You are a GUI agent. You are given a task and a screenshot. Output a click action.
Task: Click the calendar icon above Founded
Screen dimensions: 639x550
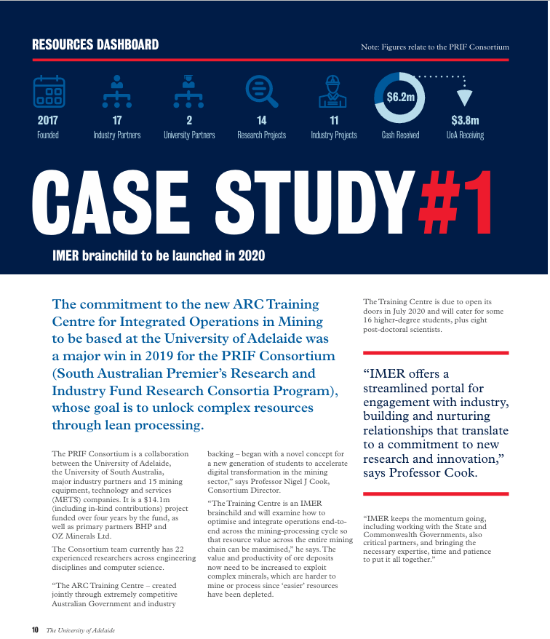point(49,92)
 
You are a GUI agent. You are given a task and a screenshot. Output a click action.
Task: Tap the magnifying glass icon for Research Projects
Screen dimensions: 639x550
point(262,92)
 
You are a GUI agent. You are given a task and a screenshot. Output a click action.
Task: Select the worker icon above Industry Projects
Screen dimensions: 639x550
point(333,92)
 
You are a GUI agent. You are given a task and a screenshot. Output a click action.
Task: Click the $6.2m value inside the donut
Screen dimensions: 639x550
point(399,97)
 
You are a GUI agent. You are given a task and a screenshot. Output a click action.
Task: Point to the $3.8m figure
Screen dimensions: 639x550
point(465,121)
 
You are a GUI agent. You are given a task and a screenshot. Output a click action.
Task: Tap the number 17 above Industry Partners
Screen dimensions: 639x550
point(116,121)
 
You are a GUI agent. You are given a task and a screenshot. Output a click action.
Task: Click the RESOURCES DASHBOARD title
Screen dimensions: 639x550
point(95,45)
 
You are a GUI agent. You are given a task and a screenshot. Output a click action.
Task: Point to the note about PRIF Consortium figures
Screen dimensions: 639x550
point(434,47)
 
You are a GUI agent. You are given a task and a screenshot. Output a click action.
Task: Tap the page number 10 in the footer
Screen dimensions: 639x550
point(35,630)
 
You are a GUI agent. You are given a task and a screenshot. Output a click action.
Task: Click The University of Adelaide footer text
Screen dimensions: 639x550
point(81,630)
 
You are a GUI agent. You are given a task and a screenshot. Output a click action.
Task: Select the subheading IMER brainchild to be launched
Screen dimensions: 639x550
point(159,255)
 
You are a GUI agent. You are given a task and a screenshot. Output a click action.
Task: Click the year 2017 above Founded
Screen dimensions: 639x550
point(48,121)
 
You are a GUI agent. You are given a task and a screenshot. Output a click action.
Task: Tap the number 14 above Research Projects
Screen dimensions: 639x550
point(262,121)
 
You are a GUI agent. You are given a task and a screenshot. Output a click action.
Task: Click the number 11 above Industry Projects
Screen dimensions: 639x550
point(334,121)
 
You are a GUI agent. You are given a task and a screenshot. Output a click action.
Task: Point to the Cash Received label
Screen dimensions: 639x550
point(400,135)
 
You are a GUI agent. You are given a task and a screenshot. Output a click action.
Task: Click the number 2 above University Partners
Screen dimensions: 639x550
point(189,121)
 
